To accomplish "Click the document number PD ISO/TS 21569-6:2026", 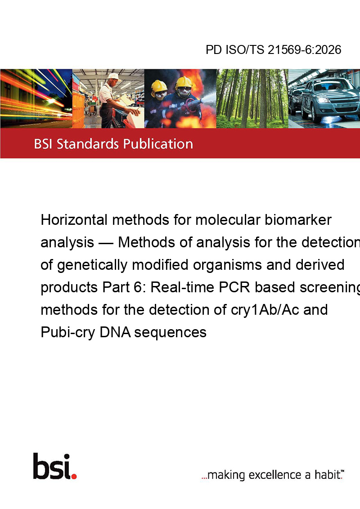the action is coord(273,50).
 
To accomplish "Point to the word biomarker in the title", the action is coord(298,220).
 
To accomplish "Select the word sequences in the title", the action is coord(170,333).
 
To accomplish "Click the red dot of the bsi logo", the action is coord(74,476).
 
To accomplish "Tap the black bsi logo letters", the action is coord(52,466).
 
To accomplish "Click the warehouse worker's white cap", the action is coord(114,76).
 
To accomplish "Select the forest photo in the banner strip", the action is coord(252,98).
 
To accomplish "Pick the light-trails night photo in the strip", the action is coord(36,98).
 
